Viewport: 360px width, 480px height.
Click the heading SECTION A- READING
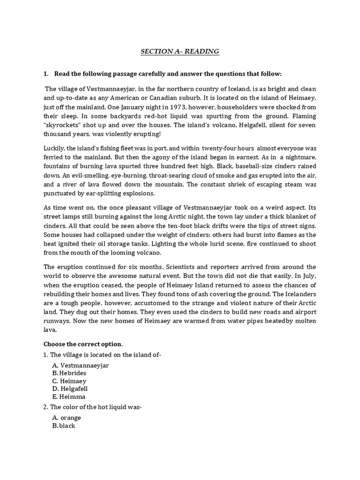point(180,51)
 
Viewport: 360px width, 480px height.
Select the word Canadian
point(258,97)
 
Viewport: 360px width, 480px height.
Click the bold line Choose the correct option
point(83,344)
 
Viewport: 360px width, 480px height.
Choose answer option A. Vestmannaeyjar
point(81,365)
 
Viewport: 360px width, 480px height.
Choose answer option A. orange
point(67,418)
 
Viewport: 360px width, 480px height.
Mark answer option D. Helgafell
point(70,389)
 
